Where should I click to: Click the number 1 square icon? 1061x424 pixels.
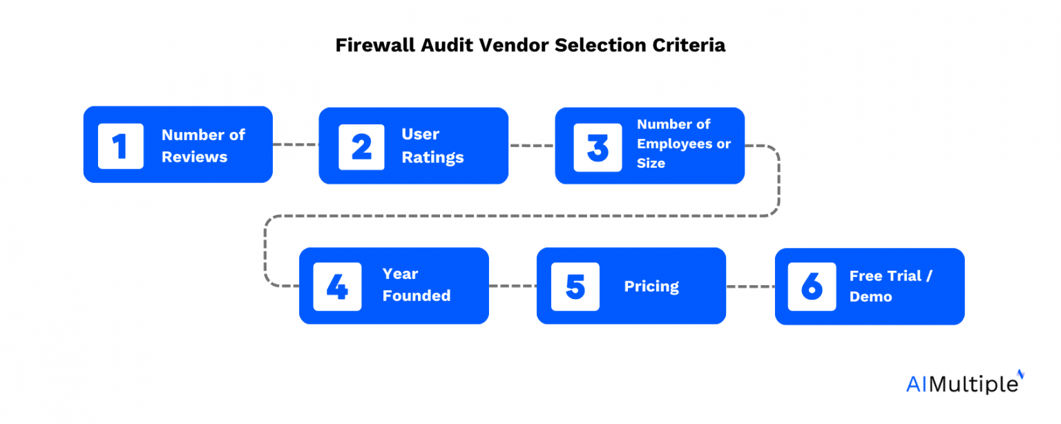click(x=121, y=146)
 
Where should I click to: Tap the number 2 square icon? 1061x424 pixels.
click(x=361, y=146)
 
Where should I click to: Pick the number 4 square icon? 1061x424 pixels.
click(x=337, y=287)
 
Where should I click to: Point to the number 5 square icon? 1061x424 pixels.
click(x=575, y=287)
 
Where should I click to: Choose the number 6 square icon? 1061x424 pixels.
click(x=812, y=287)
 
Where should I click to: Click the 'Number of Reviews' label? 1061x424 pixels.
click(x=203, y=146)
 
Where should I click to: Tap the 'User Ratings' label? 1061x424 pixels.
click(x=432, y=146)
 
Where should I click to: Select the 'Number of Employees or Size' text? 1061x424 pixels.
click(x=683, y=144)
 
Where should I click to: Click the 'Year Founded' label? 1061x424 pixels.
click(x=416, y=285)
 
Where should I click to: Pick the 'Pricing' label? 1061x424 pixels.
click(x=651, y=287)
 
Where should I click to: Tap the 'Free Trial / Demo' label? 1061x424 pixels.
click(x=890, y=286)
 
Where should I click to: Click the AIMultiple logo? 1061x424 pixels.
click(x=965, y=383)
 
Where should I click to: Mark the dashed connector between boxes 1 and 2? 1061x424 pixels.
click(x=296, y=144)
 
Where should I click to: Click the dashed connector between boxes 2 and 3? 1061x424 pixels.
click(x=531, y=146)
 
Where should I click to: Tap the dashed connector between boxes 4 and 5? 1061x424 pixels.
click(x=513, y=286)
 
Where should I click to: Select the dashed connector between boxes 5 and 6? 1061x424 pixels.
click(x=750, y=286)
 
